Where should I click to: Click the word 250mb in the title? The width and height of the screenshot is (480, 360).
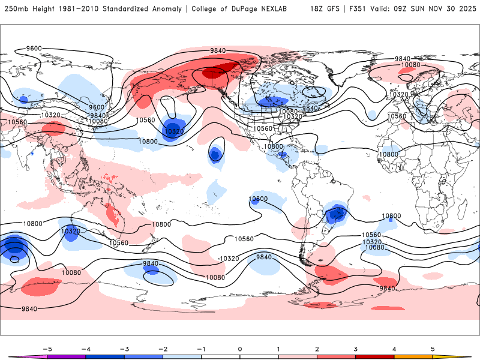(x=16, y=9)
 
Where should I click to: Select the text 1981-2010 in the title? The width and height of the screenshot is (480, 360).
(x=79, y=9)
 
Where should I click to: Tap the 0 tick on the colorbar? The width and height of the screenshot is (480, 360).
(x=240, y=348)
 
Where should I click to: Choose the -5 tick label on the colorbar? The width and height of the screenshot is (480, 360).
(x=47, y=348)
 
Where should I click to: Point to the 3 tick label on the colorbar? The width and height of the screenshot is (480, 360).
(x=356, y=348)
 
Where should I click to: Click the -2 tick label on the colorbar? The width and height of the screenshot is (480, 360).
(x=163, y=348)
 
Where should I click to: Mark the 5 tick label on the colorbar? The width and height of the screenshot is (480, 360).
(x=433, y=348)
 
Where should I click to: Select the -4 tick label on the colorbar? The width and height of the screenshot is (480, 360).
(x=86, y=348)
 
